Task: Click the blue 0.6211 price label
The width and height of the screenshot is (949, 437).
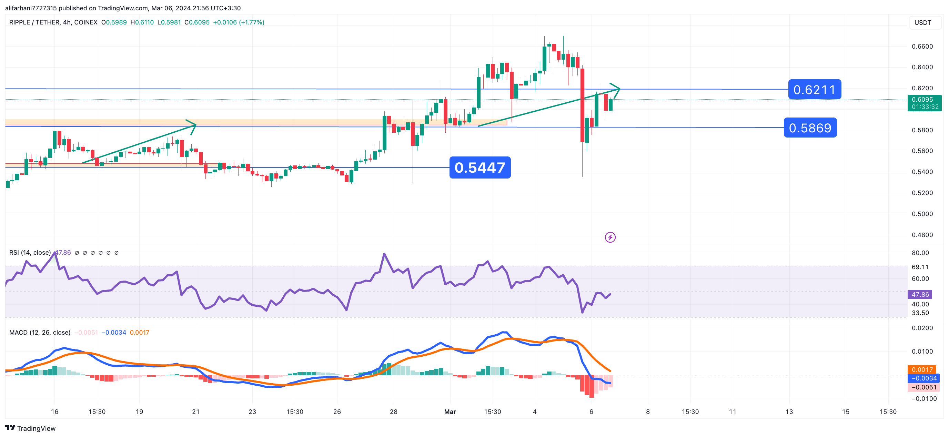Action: point(814,90)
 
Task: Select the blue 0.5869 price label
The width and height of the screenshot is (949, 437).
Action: point(810,128)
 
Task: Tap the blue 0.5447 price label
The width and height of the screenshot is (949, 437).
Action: point(479,167)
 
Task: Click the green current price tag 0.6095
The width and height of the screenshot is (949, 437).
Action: point(924,103)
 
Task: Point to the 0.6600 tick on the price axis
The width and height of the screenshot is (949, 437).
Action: point(922,47)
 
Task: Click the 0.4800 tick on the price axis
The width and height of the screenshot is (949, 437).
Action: point(922,235)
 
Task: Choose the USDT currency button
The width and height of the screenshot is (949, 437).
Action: point(922,22)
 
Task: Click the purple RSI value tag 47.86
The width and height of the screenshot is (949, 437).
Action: point(920,294)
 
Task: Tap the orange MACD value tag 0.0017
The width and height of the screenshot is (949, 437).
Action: point(922,369)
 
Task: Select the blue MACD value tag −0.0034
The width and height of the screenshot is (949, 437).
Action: point(923,378)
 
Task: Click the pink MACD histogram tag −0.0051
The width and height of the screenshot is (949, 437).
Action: point(923,387)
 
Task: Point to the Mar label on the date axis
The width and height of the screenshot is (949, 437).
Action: point(450,411)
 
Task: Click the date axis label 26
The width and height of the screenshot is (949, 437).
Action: point(337,411)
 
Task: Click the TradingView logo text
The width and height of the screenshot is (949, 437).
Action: point(36,428)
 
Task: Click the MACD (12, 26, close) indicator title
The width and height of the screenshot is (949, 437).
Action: point(40,332)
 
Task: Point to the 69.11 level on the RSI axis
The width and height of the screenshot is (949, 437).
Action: point(920,267)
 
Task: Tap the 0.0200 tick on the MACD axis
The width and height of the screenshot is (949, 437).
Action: point(922,328)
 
